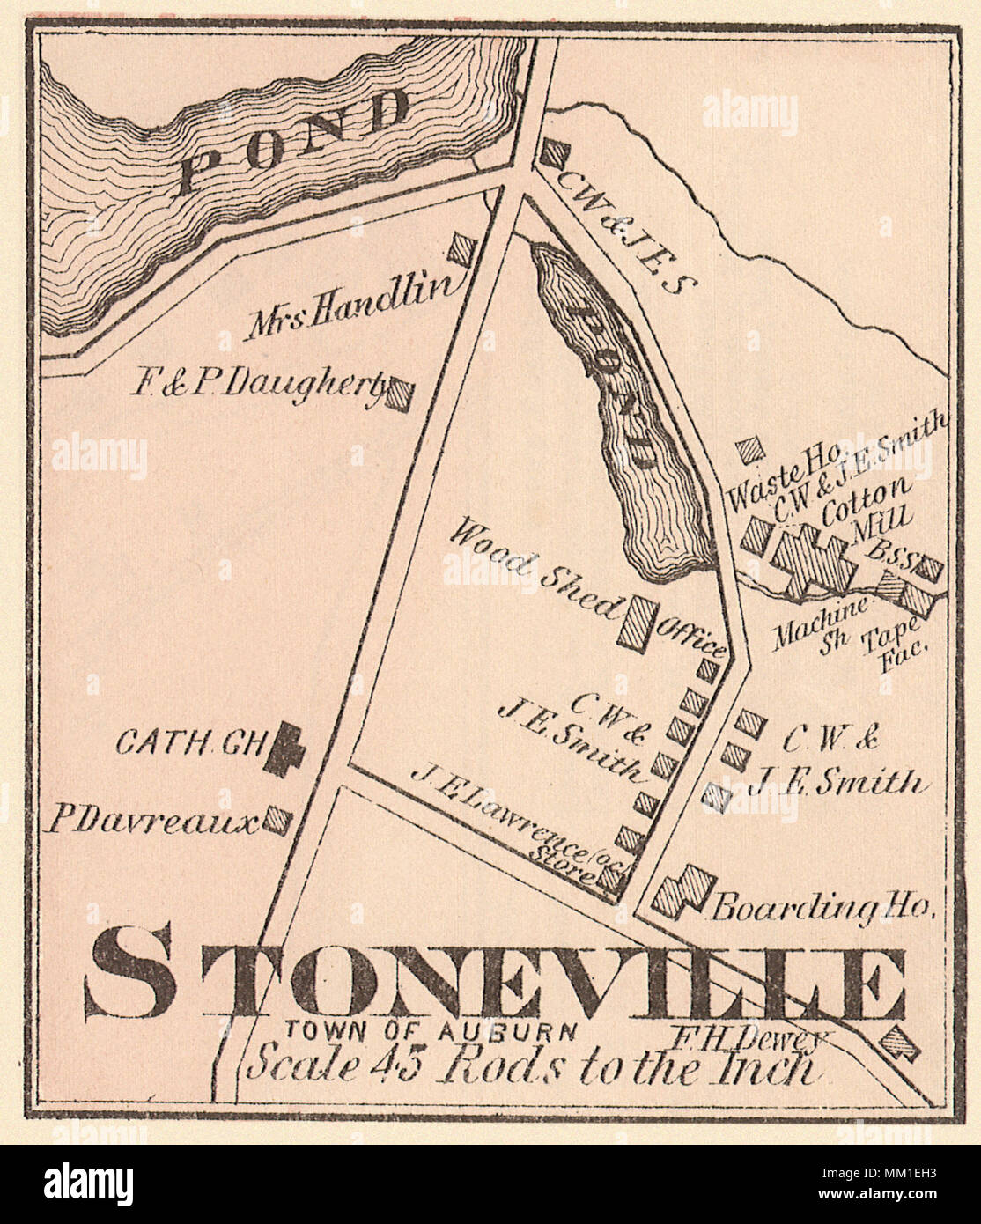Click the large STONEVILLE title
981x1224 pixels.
(498, 984)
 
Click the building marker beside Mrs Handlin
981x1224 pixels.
(461, 249)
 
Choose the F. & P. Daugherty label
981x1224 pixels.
(260, 385)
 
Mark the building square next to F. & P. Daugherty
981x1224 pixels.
(400, 393)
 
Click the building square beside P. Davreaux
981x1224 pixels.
(280, 819)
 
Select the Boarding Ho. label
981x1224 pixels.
(822, 907)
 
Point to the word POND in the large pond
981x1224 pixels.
(295, 143)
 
